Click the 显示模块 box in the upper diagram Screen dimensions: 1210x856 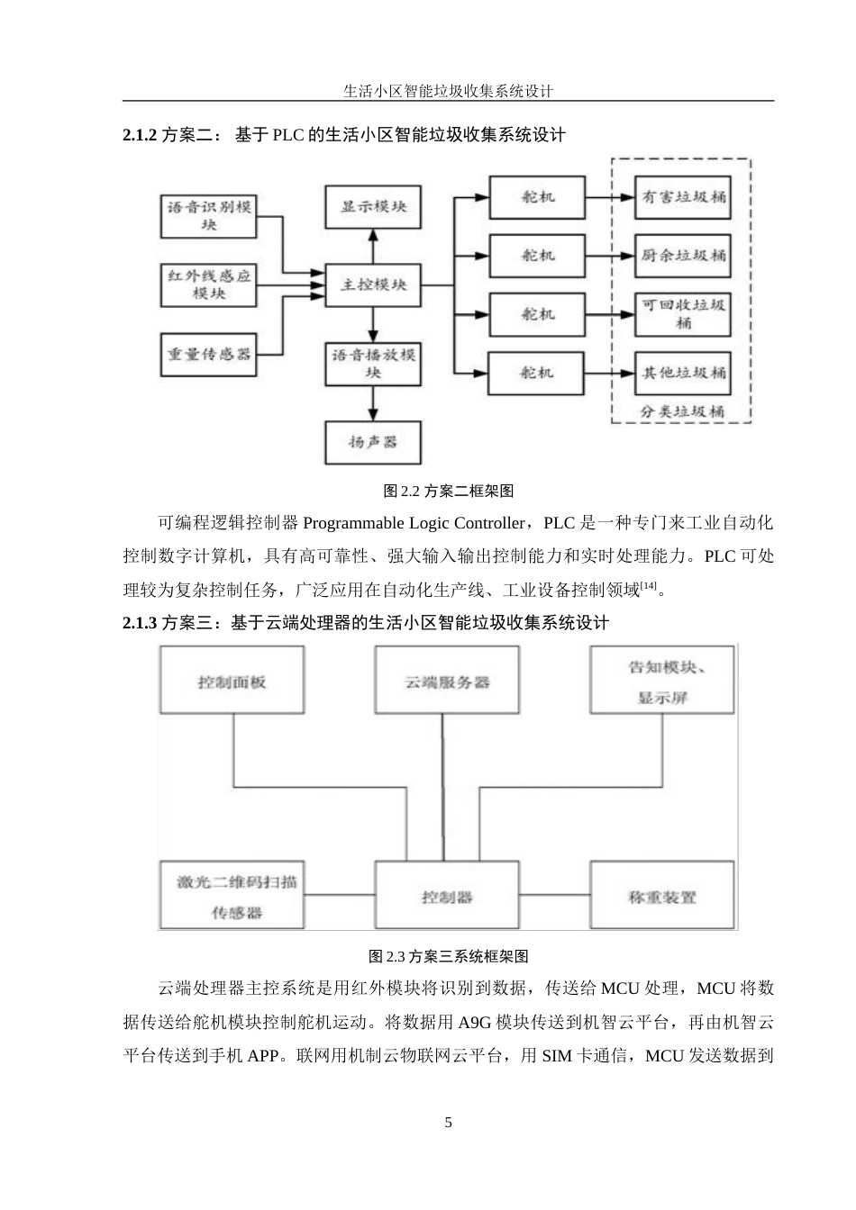[373, 207]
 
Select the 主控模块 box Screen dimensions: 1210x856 [373, 284]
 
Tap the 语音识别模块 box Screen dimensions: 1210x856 [209, 216]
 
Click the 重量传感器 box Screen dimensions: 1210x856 [209, 354]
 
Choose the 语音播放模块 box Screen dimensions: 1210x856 [373, 364]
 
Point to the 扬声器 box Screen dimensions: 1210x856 [373, 442]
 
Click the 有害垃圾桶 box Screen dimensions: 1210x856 [682, 197]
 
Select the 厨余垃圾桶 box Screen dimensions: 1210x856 [682, 256]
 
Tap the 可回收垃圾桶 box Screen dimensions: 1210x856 [682, 313]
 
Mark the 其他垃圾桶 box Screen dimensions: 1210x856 [682, 372]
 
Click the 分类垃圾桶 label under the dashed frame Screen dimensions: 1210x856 [682, 411]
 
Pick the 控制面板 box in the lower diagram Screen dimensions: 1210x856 [232, 682]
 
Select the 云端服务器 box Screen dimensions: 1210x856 [446, 682]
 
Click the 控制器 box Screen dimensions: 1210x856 [446, 896]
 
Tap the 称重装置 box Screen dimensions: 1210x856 [661, 896]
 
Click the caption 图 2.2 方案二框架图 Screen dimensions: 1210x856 [448, 491]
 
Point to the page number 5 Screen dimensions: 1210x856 [448, 1123]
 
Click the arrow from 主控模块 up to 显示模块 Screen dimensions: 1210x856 [373, 245]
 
